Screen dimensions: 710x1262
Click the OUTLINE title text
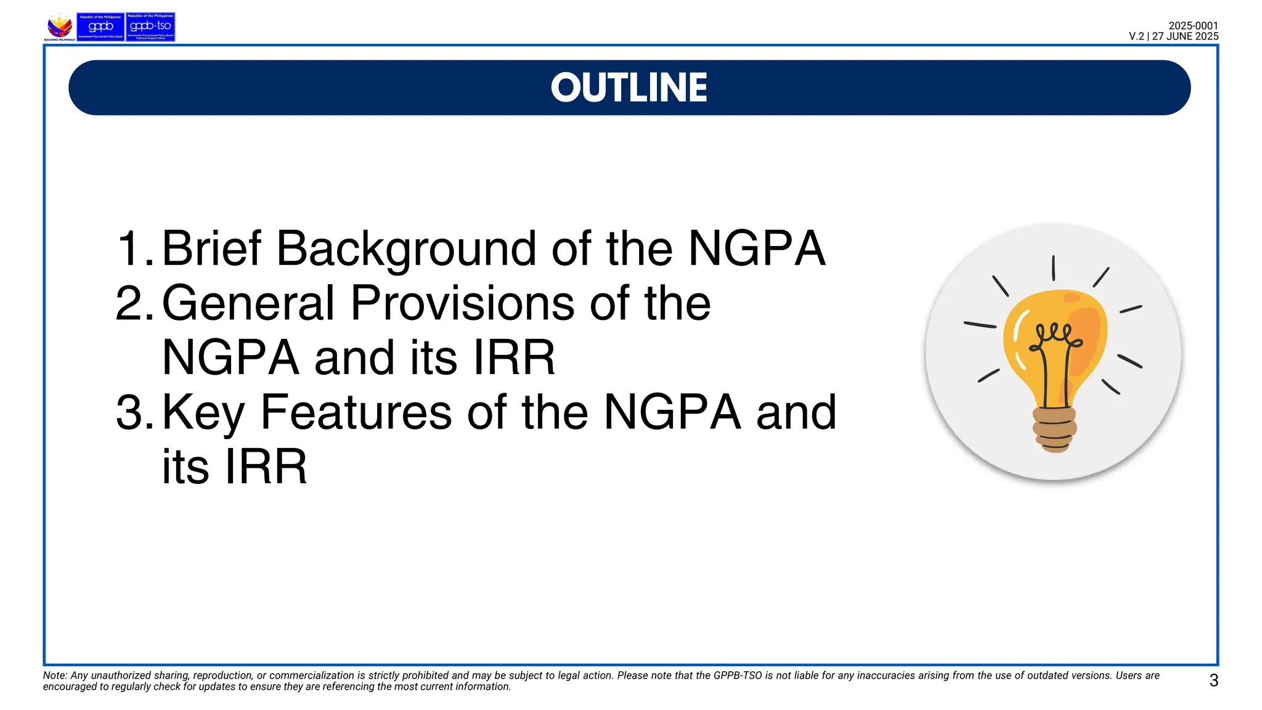629,88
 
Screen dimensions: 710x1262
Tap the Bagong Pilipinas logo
60,27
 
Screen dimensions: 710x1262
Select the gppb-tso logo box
150,27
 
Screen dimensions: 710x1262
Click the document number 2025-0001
1193,26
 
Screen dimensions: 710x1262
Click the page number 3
1213,680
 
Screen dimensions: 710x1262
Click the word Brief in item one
211,248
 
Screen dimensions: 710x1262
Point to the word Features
356,412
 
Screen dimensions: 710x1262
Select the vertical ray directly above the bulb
1053,267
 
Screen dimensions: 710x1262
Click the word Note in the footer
54,675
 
